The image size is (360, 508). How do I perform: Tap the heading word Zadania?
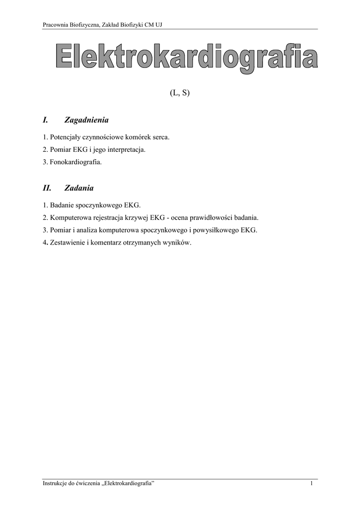(x=79, y=189)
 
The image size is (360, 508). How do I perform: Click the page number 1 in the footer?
(x=311, y=484)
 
